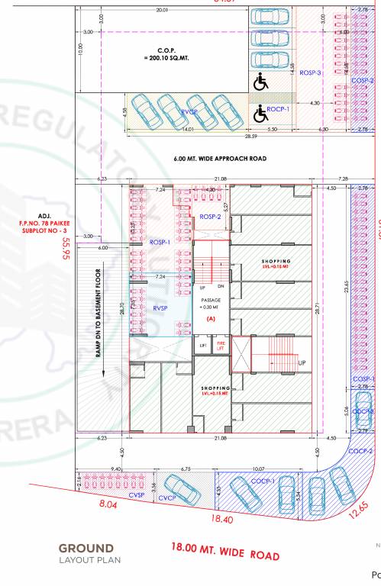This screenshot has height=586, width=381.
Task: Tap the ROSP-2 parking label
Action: [x=210, y=217]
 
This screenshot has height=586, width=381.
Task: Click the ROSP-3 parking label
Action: [x=309, y=72]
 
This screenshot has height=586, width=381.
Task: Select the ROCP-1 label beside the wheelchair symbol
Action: [x=279, y=111]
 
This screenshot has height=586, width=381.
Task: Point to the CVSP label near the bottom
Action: [x=137, y=494]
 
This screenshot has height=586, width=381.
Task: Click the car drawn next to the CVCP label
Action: [x=179, y=485]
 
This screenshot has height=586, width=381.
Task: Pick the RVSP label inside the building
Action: [x=160, y=309]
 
